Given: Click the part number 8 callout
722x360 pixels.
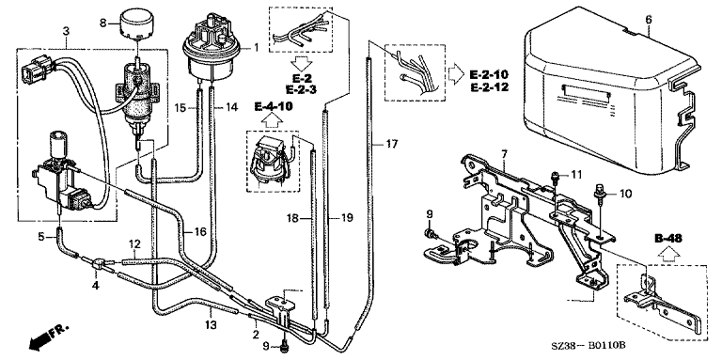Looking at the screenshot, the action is (x=102, y=22).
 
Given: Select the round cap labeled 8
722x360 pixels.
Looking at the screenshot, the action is (x=136, y=25).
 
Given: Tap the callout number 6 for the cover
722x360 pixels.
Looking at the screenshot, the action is (x=649, y=20).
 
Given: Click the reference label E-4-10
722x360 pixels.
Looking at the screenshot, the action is (x=273, y=107).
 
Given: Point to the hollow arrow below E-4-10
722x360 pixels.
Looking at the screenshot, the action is (x=273, y=120).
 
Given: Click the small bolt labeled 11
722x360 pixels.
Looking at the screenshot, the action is (x=555, y=176).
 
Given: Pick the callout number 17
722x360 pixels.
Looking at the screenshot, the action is (x=391, y=145).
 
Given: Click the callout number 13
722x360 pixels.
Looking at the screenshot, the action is (x=211, y=325).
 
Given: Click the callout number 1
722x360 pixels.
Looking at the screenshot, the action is (x=256, y=46).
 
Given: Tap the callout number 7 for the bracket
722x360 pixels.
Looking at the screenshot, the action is (x=504, y=152).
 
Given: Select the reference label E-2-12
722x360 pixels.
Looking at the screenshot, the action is (x=489, y=87).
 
